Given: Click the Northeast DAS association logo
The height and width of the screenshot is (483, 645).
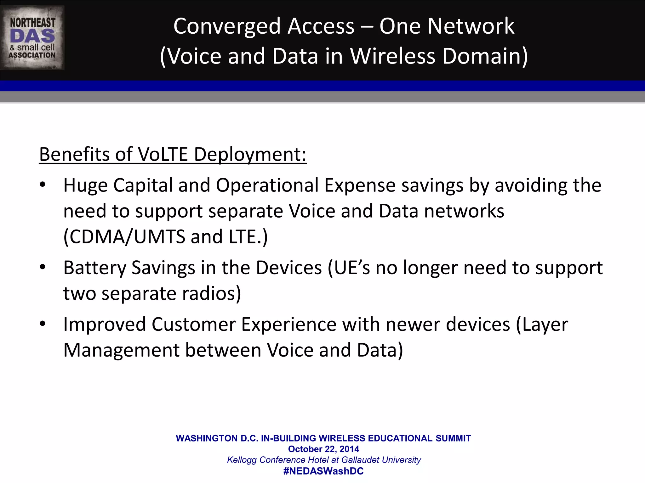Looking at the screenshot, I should [x=32, y=38].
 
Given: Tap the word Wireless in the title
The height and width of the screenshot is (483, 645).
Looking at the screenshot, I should [x=393, y=56].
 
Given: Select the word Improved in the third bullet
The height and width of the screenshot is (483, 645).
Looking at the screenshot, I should [x=105, y=325].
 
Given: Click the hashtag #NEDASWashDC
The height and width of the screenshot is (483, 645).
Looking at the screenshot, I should [x=323, y=471].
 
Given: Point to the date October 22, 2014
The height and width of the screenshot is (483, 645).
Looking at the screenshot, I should [x=323, y=449].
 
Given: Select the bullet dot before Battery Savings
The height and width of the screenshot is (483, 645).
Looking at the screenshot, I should [x=43, y=267].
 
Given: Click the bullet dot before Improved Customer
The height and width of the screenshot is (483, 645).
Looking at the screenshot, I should [x=43, y=324].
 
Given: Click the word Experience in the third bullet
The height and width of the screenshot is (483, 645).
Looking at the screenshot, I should [x=289, y=325].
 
